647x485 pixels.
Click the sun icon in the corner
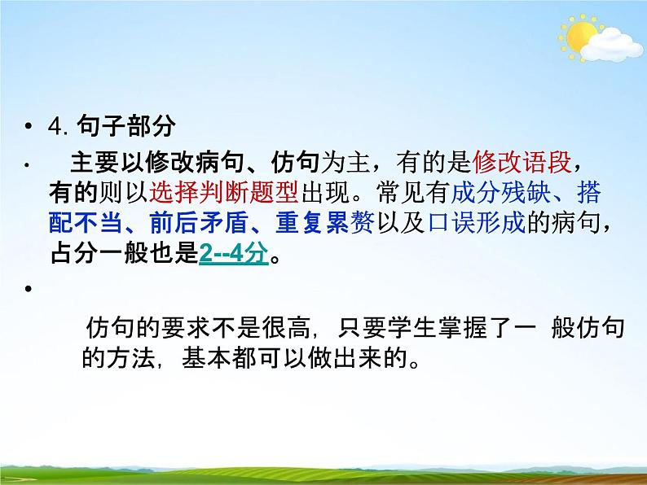click(580, 37)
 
